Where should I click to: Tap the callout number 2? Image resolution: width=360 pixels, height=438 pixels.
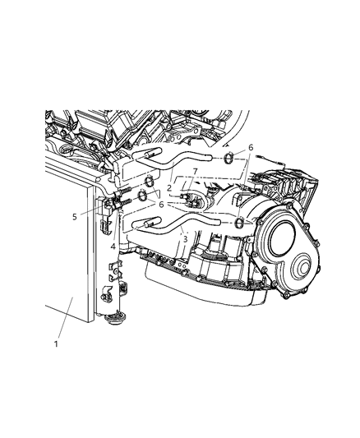(168, 187)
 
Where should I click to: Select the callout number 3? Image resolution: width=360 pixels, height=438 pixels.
(185, 239)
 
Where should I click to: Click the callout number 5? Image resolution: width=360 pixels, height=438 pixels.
(74, 217)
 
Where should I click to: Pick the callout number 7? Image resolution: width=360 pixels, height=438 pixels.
(195, 171)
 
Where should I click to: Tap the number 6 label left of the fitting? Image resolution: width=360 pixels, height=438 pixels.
(161, 204)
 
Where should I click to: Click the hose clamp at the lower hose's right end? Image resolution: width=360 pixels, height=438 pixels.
(238, 224)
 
